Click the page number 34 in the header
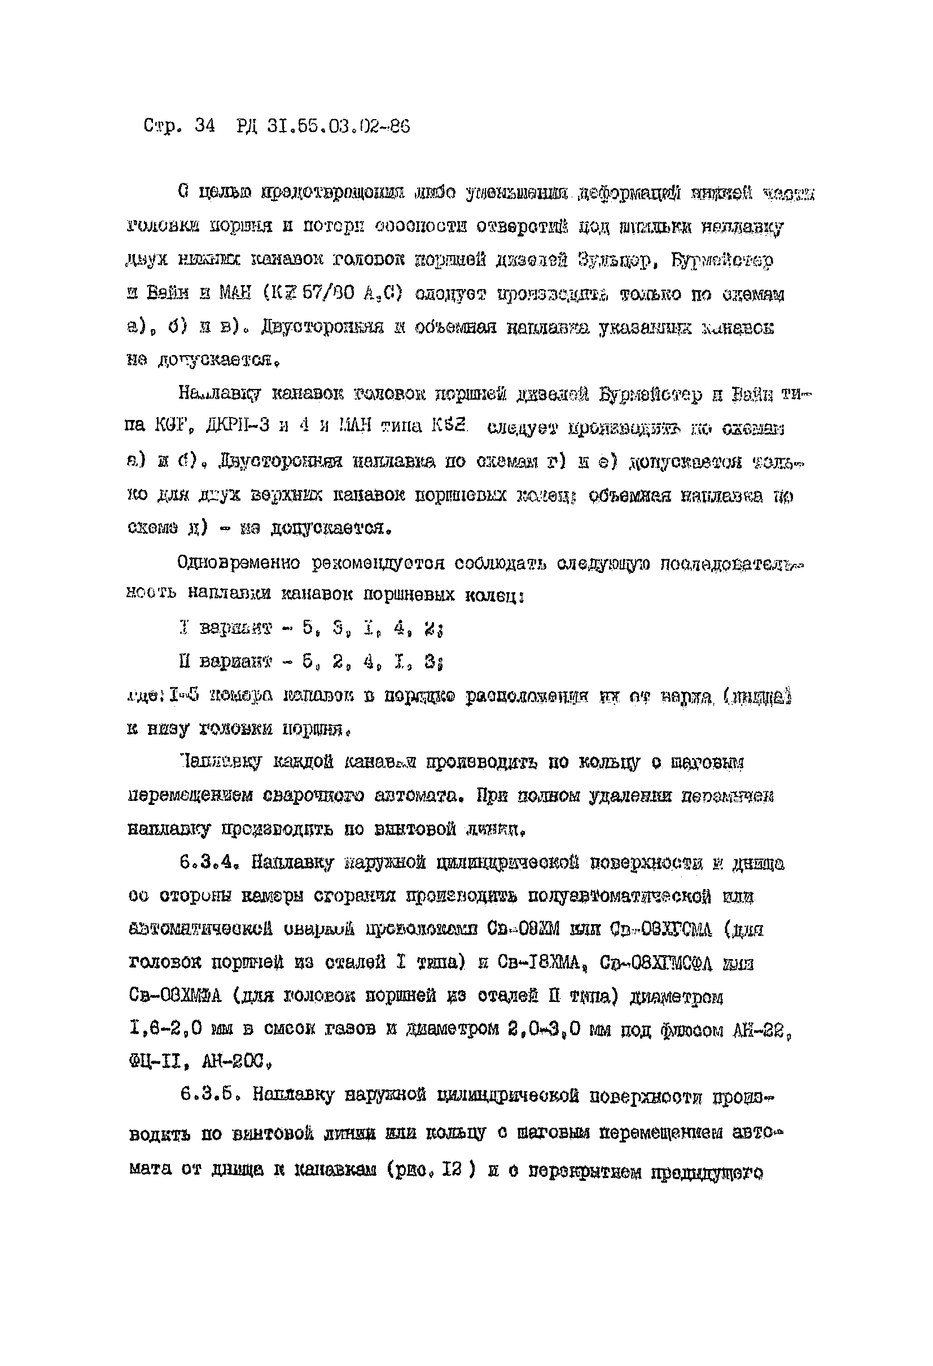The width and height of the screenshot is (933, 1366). tap(204, 126)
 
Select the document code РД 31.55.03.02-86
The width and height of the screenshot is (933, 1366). tap(323, 126)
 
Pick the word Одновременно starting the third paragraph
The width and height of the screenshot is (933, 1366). tap(239, 563)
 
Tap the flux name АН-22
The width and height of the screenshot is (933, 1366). tap(761, 1030)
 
